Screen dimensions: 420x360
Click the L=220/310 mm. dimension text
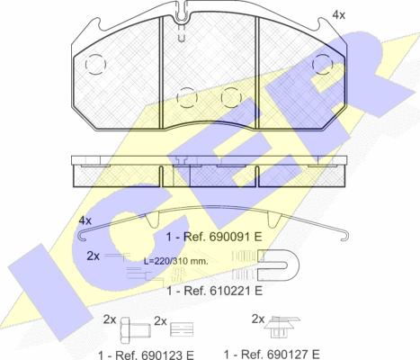pyautogui.click(x=175, y=261)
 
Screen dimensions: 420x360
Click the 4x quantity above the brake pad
pyautogui.click(x=339, y=15)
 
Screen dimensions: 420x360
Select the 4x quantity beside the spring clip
pyautogui.click(x=85, y=220)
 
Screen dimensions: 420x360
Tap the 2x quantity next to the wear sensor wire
pyautogui.click(x=93, y=256)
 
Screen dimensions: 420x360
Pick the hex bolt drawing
pyautogui.click(x=135, y=330)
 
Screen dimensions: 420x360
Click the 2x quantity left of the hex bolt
pyautogui.click(x=110, y=319)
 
